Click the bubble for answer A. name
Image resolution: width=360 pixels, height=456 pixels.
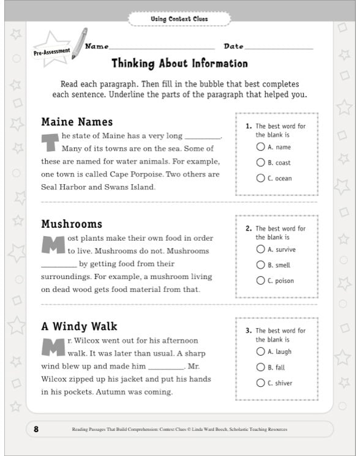pos(261,147)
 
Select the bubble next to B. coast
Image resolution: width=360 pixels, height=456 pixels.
pos(261,163)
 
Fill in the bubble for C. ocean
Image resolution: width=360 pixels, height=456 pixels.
pos(261,179)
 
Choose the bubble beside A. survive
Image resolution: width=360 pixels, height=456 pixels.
pos(261,249)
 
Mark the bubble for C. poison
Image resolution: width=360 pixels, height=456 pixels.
pos(261,281)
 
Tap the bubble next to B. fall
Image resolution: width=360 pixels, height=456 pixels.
pos(261,367)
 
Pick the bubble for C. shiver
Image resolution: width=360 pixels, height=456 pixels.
pos(261,383)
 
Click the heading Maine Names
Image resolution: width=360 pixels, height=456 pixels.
pos(77,121)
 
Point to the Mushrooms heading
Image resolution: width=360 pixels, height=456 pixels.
pos(72,224)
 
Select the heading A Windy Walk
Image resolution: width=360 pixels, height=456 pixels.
pos(79,326)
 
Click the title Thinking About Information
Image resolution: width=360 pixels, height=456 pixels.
pos(179,64)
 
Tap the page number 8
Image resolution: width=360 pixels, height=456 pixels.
pos(36,429)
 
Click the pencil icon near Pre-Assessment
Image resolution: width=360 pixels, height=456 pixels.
pos(79,43)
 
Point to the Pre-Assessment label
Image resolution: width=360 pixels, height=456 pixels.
pos(51,53)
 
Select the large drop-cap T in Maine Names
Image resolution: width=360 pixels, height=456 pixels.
pos(50,141)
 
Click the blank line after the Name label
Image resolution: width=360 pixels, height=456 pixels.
pos(162,48)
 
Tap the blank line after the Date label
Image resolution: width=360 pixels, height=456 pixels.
pos(279,48)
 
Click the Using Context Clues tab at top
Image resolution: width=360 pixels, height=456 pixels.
pos(179,19)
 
